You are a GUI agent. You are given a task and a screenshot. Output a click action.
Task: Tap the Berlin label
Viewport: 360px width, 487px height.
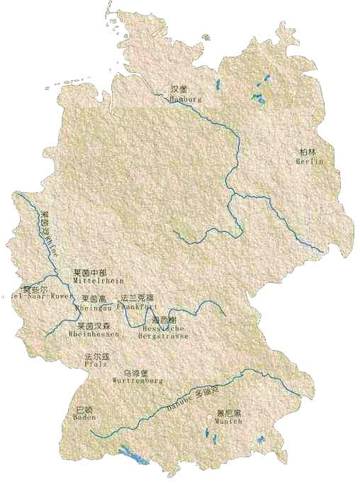pos(309,162)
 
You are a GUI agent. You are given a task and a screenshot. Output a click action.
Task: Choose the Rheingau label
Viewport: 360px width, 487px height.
pos(94,308)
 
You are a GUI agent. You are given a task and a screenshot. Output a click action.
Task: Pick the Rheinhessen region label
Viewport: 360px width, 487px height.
pos(93,334)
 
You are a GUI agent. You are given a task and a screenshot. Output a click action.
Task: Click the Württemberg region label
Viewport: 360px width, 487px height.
pos(137,381)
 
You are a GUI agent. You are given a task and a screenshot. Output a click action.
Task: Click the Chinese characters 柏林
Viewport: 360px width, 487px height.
pos(308,152)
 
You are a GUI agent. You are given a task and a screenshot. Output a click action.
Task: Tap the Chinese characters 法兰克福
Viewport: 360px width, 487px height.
pos(137,298)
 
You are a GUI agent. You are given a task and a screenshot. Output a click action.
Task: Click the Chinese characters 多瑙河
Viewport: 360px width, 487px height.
pos(203,391)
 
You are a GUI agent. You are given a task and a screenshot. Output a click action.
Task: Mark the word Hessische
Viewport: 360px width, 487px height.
pos(163,328)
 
